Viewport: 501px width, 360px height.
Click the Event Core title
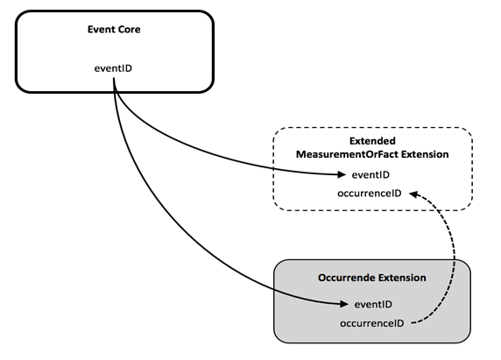114,30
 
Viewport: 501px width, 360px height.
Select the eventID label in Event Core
113,68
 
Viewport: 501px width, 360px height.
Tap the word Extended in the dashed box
372,141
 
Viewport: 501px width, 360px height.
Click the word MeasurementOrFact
348,154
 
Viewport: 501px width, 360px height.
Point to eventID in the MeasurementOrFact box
370,174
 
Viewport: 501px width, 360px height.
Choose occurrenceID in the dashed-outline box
370,194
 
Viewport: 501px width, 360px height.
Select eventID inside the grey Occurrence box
373,304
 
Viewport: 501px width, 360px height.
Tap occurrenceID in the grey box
372,323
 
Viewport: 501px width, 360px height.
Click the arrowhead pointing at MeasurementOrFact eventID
342,174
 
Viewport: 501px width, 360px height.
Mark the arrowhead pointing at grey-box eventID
344,304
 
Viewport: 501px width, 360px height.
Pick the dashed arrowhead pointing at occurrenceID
413,194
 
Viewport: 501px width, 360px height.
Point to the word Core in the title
130,30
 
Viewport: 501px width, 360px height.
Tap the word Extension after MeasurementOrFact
425,154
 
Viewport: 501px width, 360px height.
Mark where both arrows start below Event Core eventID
114,79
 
